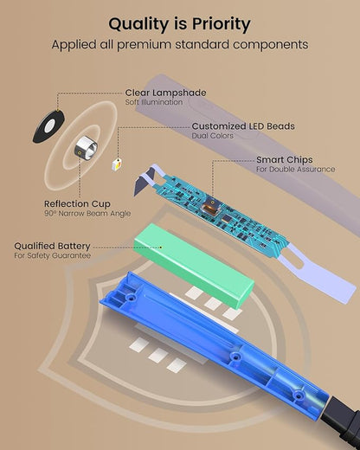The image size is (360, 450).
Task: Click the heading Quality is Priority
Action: point(179,23)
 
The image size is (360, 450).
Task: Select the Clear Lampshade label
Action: point(165,93)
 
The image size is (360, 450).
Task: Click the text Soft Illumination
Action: point(154,102)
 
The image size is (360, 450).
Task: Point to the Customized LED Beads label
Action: point(243,126)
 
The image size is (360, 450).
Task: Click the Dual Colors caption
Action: point(213,136)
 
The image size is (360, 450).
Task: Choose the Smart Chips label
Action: point(285,159)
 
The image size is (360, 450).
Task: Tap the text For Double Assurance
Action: point(296,169)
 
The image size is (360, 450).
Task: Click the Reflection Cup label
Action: point(77,204)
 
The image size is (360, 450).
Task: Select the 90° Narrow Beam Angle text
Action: point(87,214)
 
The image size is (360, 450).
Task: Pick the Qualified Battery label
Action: point(52,246)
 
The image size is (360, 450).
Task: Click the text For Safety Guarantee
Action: point(53,255)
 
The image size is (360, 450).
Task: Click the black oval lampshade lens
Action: point(48,126)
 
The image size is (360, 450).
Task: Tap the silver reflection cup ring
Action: point(87,146)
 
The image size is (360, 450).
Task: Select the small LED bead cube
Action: point(117,164)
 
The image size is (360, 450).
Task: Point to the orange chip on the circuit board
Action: point(210,207)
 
